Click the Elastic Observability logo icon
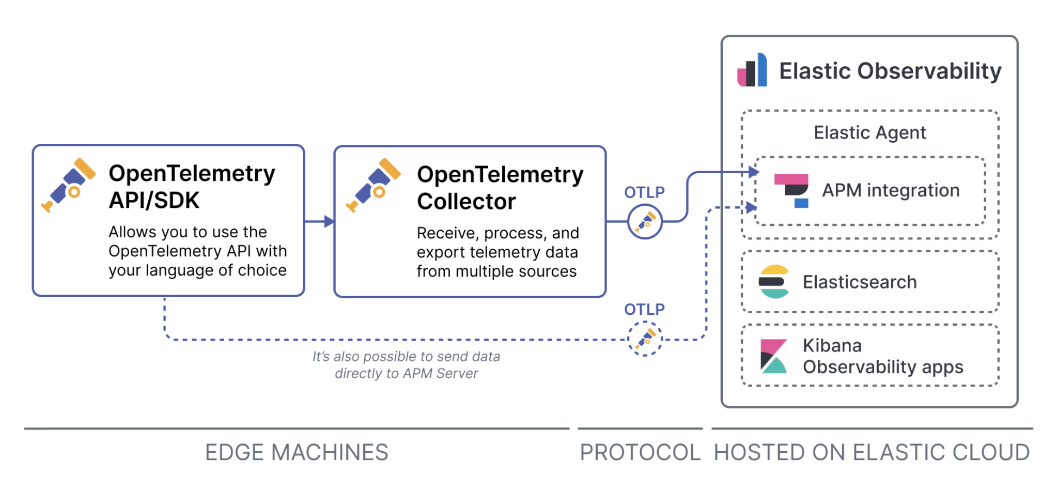click(x=752, y=70)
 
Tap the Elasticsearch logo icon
click(x=774, y=282)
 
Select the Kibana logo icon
click(x=774, y=356)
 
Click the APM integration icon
click(x=791, y=191)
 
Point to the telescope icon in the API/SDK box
click(x=68, y=185)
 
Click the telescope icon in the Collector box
click(x=374, y=185)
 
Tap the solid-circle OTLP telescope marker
click(x=645, y=221)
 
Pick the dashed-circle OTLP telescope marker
click(x=645, y=339)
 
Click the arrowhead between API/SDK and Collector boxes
click(x=329, y=221)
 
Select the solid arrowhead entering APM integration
click(x=754, y=173)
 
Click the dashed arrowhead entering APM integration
click(x=752, y=207)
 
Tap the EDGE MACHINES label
click(x=296, y=452)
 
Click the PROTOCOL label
click(x=640, y=452)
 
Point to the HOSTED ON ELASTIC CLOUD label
click(x=872, y=452)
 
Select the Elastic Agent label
click(x=870, y=133)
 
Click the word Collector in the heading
click(x=466, y=202)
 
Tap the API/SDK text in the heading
click(x=154, y=200)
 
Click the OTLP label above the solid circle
click(x=645, y=192)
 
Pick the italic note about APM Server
click(x=406, y=365)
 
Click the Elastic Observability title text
click(x=891, y=71)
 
